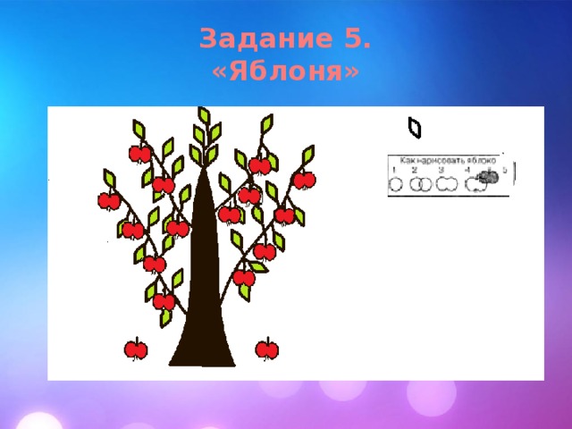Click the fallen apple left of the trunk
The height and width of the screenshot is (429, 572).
coord(136,348)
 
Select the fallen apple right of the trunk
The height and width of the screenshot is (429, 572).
coord(266,348)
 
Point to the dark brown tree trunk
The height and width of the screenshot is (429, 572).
coord(205,286)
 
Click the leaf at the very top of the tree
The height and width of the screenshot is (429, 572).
coord(204,115)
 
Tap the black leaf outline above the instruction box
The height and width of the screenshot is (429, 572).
coord(414,129)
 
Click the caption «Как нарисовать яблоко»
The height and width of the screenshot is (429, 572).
coord(447,159)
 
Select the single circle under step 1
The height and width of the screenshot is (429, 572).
coord(394,184)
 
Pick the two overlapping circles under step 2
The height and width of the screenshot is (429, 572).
coord(421,184)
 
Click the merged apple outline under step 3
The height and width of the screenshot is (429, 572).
coord(448,184)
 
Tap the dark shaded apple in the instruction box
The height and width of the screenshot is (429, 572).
coord(486,178)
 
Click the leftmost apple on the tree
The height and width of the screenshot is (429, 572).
coord(108,200)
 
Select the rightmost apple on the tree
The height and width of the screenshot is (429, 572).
coord(305,181)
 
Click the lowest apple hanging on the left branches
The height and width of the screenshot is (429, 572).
coord(164,301)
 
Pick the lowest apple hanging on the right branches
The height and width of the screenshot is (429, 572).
coord(244,278)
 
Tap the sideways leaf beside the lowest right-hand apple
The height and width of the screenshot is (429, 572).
coord(258,266)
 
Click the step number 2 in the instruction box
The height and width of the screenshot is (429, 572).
coord(415,170)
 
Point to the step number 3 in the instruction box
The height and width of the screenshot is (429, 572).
coord(441,170)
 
